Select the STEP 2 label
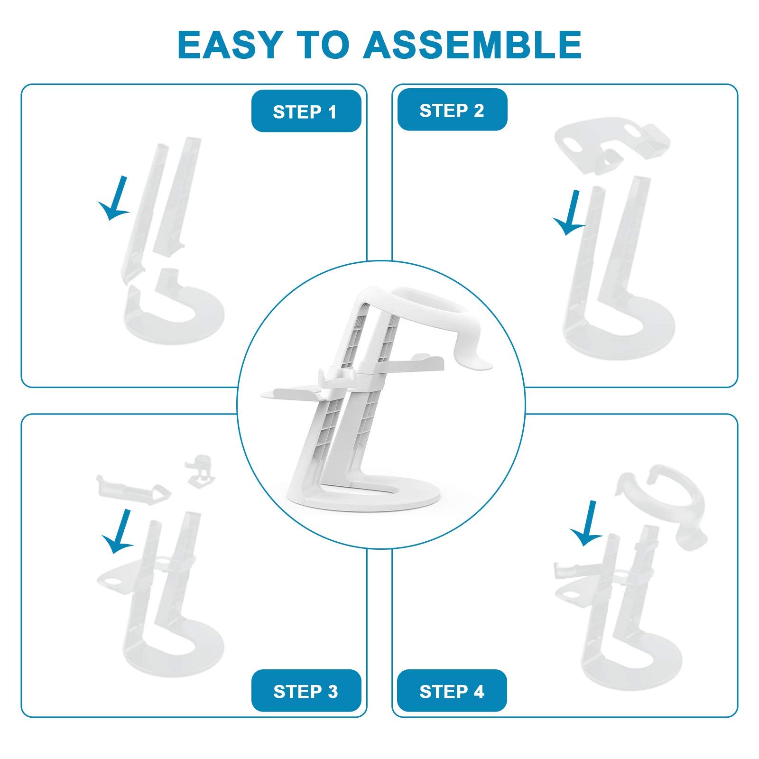click(x=452, y=110)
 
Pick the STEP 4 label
click(x=452, y=691)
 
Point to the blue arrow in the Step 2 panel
click(x=570, y=213)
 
